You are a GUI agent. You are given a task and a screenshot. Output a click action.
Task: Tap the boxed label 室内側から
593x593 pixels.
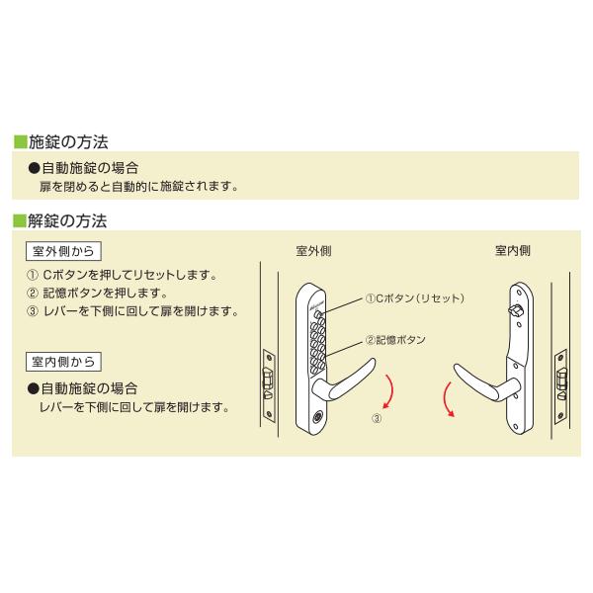(65, 362)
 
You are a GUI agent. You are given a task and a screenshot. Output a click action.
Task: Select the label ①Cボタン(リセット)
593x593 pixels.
(414, 297)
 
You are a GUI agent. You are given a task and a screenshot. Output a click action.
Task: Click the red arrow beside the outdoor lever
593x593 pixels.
(393, 390)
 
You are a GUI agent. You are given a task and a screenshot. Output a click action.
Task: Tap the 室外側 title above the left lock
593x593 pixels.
(313, 250)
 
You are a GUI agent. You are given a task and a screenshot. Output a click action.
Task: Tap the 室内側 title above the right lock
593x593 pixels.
(512, 250)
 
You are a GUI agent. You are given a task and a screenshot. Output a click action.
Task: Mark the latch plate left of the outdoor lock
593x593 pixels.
(268, 380)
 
